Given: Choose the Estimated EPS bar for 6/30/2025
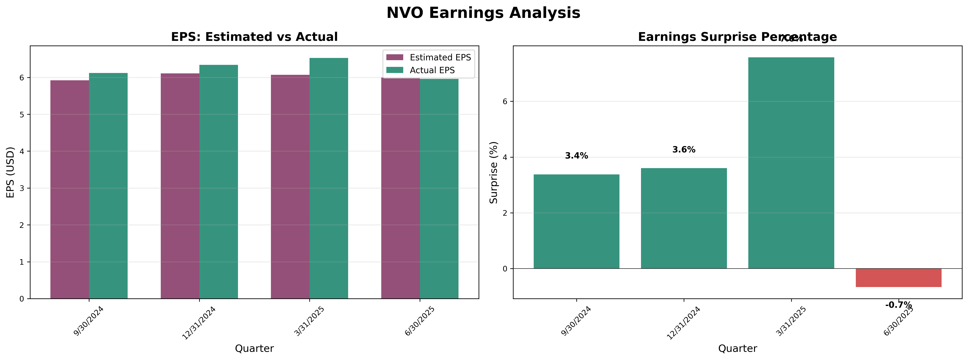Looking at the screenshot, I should point(401,188).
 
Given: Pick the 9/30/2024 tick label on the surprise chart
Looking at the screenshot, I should point(576,321).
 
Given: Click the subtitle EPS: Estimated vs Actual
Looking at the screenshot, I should point(254,37).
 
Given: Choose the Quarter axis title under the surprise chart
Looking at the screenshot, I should point(737,348).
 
